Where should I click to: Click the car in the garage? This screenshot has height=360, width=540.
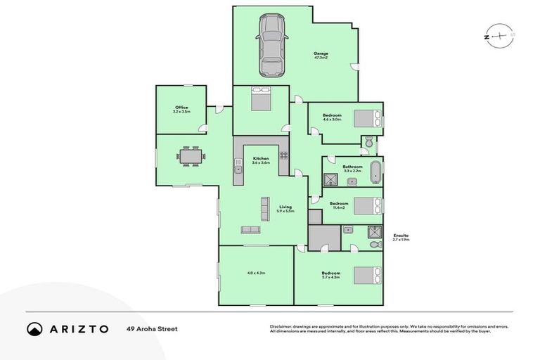coord(272,46)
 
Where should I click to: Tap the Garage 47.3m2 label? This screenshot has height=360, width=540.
coord(321,55)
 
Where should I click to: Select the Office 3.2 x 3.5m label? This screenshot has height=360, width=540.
coord(181,110)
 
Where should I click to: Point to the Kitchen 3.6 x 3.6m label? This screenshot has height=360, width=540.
coord(261,160)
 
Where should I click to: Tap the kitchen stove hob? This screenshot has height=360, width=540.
coord(283,155)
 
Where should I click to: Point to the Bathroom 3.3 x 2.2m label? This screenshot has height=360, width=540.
coord(352,169)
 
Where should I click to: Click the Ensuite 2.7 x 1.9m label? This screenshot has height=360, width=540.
coord(401,237)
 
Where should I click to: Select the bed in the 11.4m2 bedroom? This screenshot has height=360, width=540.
coord(367,205)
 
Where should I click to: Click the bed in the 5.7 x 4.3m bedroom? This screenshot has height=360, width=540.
coord(367,275)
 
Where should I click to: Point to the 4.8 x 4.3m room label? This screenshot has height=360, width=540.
coord(255,272)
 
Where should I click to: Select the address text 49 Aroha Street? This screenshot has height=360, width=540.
coord(152,328)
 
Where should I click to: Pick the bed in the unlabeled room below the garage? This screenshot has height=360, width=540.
coord(260,98)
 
